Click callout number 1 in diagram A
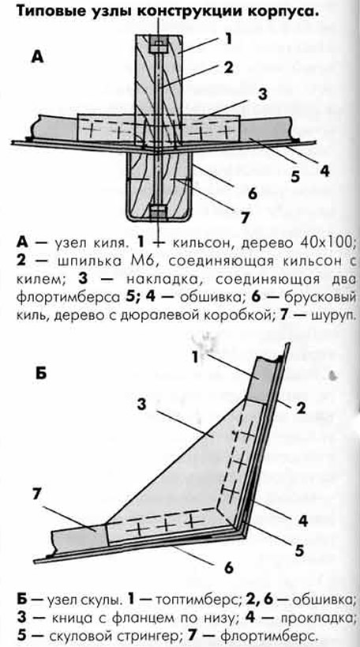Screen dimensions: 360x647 click(227, 39)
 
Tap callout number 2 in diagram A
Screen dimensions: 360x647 click(229, 67)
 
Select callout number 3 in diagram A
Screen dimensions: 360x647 click(262, 95)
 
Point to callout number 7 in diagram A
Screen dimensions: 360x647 click(245, 217)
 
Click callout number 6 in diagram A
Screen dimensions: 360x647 click(253, 193)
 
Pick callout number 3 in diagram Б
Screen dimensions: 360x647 click(142, 404)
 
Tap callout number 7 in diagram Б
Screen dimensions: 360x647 click(39, 495)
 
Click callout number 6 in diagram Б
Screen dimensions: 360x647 click(229, 567)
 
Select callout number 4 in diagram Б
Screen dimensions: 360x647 click(303, 521)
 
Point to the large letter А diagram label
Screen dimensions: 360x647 click(37, 56)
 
